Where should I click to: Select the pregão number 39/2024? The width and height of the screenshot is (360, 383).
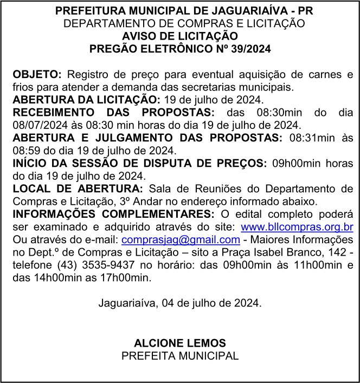point(249,48)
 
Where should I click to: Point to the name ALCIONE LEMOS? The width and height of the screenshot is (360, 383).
point(180,343)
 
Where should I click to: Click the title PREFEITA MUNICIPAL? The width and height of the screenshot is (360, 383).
point(180,355)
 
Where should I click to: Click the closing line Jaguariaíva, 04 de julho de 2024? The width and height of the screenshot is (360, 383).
point(180,303)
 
